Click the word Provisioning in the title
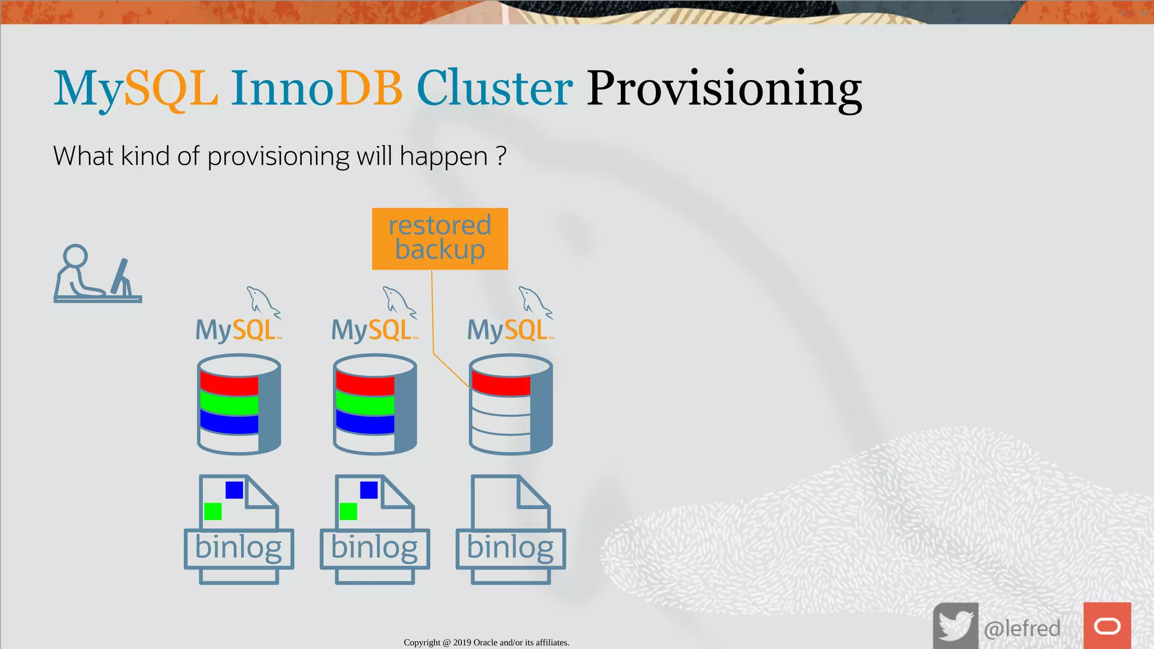pyautogui.click(x=724, y=89)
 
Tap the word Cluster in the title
pyautogui.click(x=494, y=89)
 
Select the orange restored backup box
pyautogui.click(x=440, y=238)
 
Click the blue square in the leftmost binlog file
pyautogui.click(x=234, y=490)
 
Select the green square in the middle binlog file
pyautogui.click(x=348, y=511)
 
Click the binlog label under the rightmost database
pyautogui.click(x=511, y=548)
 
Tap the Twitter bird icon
pyautogui.click(x=955, y=626)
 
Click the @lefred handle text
pyautogui.click(x=1022, y=628)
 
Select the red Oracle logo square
pyautogui.click(x=1107, y=626)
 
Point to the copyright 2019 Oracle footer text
pyautogui.click(x=486, y=642)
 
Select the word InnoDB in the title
pyautogui.click(x=317, y=89)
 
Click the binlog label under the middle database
pyautogui.click(x=375, y=548)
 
